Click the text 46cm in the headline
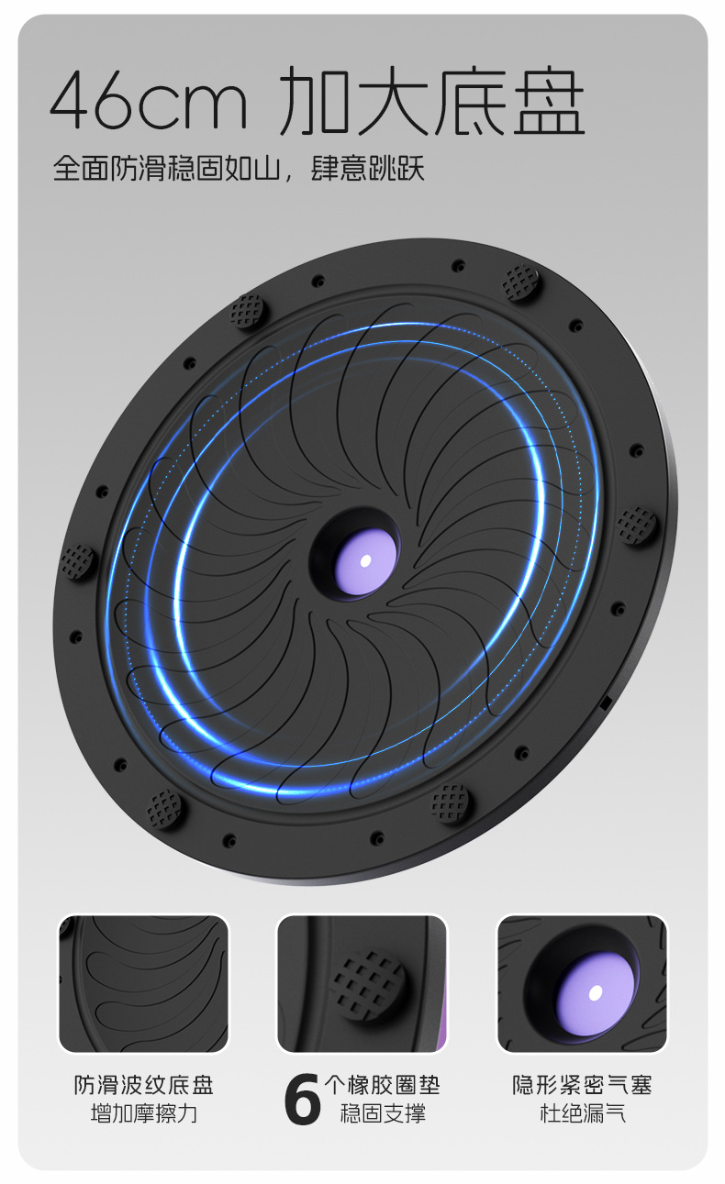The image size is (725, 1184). [149, 101]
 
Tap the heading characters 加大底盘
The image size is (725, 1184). [432, 100]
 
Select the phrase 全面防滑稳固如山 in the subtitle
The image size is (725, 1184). [167, 168]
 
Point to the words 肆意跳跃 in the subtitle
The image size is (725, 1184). [367, 168]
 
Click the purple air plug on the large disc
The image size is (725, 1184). [365, 561]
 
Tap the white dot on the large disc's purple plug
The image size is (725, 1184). [365, 560]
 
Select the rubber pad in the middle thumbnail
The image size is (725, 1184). [367, 986]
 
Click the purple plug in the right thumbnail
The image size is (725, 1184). [596, 992]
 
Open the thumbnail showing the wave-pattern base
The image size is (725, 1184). [143, 984]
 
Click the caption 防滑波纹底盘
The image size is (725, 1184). [144, 1086]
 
